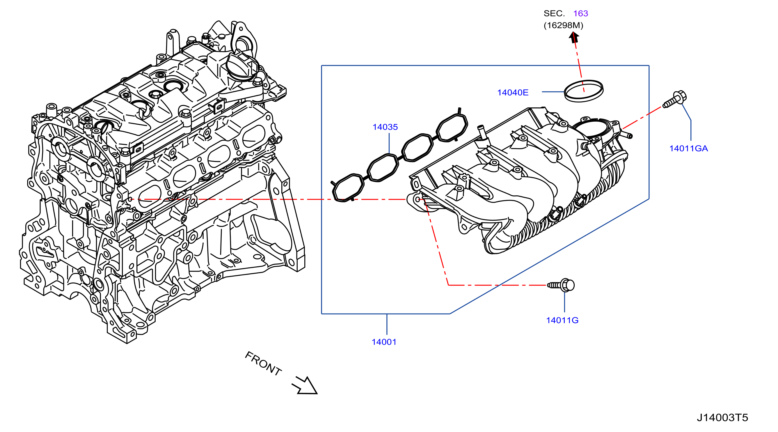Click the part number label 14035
pyautogui.click(x=385, y=127)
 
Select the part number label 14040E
pyautogui.click(x=513, y=93)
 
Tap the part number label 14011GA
pyautogui.click(x=689, y=149)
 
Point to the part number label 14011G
pyautogui.click(x=562, y=321)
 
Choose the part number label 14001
pyautogui.click(x=384, y=342)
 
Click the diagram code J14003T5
pyautogui.click(x=722, y=418)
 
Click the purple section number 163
pyautogui.click(x=580, y=13)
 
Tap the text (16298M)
pyautogui.click(x=563, y=25)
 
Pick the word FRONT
pyautogui.click(x=263, y=363)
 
